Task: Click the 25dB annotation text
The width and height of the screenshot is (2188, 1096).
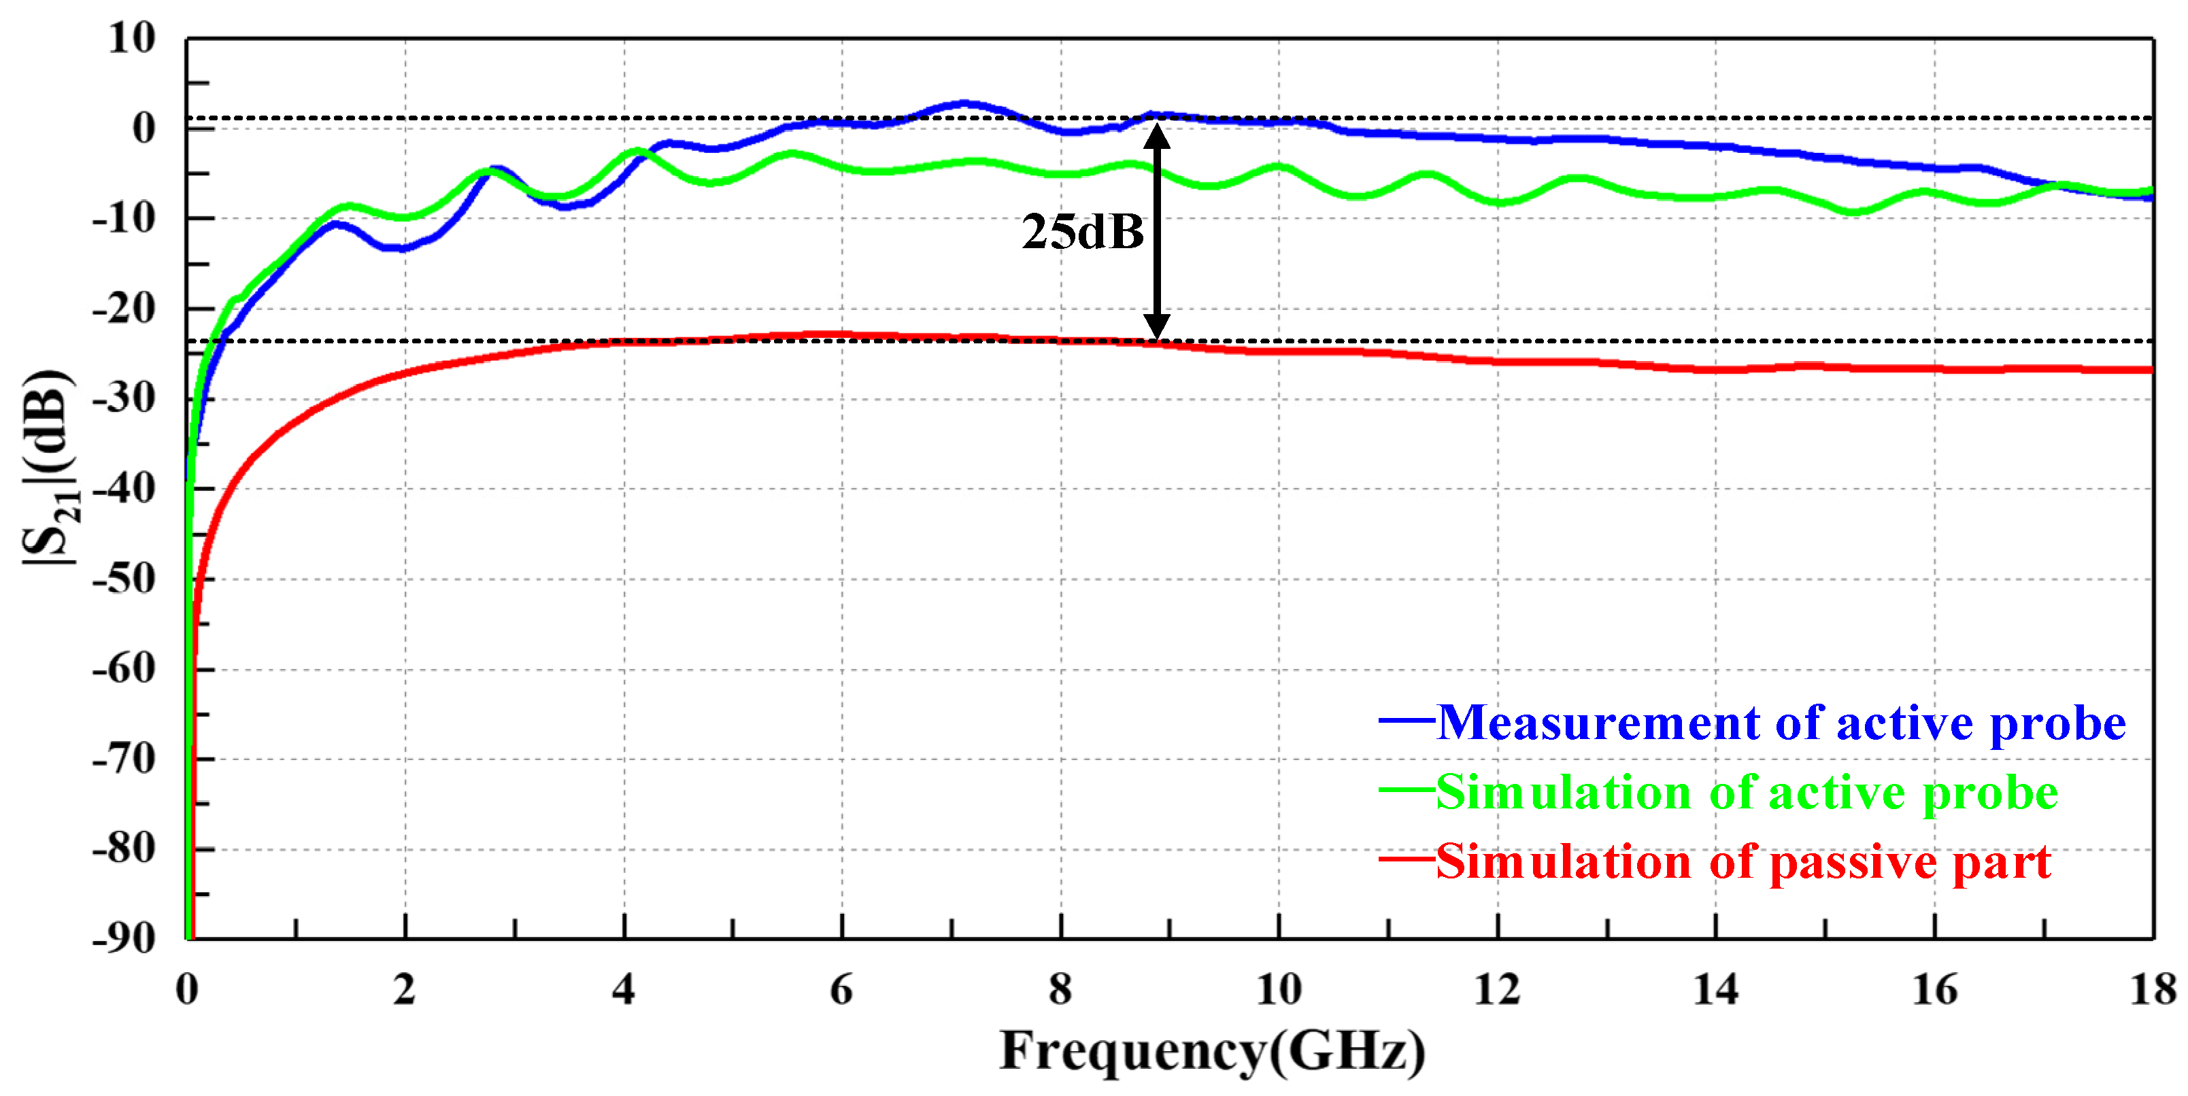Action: click(1082, 233)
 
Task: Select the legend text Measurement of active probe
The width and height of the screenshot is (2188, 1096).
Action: click(1781, 724)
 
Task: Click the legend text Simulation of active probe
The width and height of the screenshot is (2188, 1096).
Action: click(1747, 793)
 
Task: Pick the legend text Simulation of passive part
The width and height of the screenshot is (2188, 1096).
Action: click(1743, 863)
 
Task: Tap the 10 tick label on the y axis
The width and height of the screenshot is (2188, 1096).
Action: click(132, 38)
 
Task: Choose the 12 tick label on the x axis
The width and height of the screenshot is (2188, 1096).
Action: click(1496, 990)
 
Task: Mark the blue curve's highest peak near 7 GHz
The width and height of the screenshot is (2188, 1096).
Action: click(963, 103)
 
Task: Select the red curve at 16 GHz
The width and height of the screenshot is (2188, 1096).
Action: click(1934, 369)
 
